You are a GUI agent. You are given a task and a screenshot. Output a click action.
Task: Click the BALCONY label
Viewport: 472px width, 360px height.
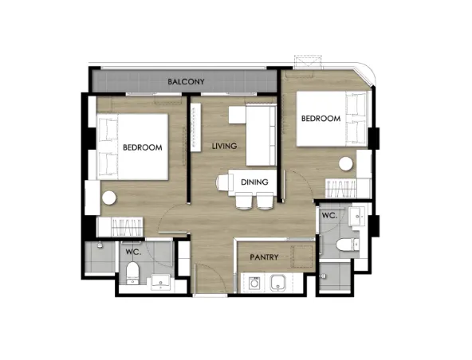pos(186,81)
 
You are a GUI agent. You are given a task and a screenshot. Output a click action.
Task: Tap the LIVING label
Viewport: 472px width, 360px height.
pos(224,147)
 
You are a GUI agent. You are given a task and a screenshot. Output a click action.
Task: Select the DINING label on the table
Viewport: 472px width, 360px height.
pos(254,182)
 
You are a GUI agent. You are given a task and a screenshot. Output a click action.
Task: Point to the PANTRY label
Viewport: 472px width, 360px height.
pos(264,257)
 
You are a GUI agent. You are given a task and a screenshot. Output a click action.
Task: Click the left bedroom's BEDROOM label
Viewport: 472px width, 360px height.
pos(143,147)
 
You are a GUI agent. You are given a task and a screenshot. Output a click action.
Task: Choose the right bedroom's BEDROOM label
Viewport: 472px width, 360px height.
pos(321,119)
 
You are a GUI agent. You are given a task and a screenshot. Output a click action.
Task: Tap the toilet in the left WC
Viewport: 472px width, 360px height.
pos(132,273)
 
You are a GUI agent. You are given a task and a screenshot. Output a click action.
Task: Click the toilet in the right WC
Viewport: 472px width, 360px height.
pos(348,245)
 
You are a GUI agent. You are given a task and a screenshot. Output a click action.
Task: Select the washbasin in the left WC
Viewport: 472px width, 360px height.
pos(160,282)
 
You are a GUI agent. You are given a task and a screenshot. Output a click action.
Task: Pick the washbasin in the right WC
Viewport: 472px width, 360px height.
pos(357,216)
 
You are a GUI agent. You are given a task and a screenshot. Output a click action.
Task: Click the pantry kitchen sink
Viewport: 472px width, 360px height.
pos(278,283)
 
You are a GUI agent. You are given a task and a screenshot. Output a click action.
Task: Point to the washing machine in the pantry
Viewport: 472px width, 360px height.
pos(254,283)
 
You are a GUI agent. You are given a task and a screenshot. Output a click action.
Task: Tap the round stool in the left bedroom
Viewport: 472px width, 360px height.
pos(109,198)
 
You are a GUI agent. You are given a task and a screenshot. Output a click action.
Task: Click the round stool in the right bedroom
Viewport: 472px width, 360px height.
pos(345,164)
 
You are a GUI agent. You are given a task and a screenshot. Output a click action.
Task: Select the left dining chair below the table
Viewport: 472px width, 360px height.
pos(244,201)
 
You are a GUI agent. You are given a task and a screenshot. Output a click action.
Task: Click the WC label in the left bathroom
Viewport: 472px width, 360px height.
pos(133,252)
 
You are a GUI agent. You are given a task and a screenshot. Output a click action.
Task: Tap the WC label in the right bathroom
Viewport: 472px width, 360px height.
pos(329,216)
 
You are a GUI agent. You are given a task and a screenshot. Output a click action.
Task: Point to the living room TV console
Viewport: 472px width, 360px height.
pos(196,127)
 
